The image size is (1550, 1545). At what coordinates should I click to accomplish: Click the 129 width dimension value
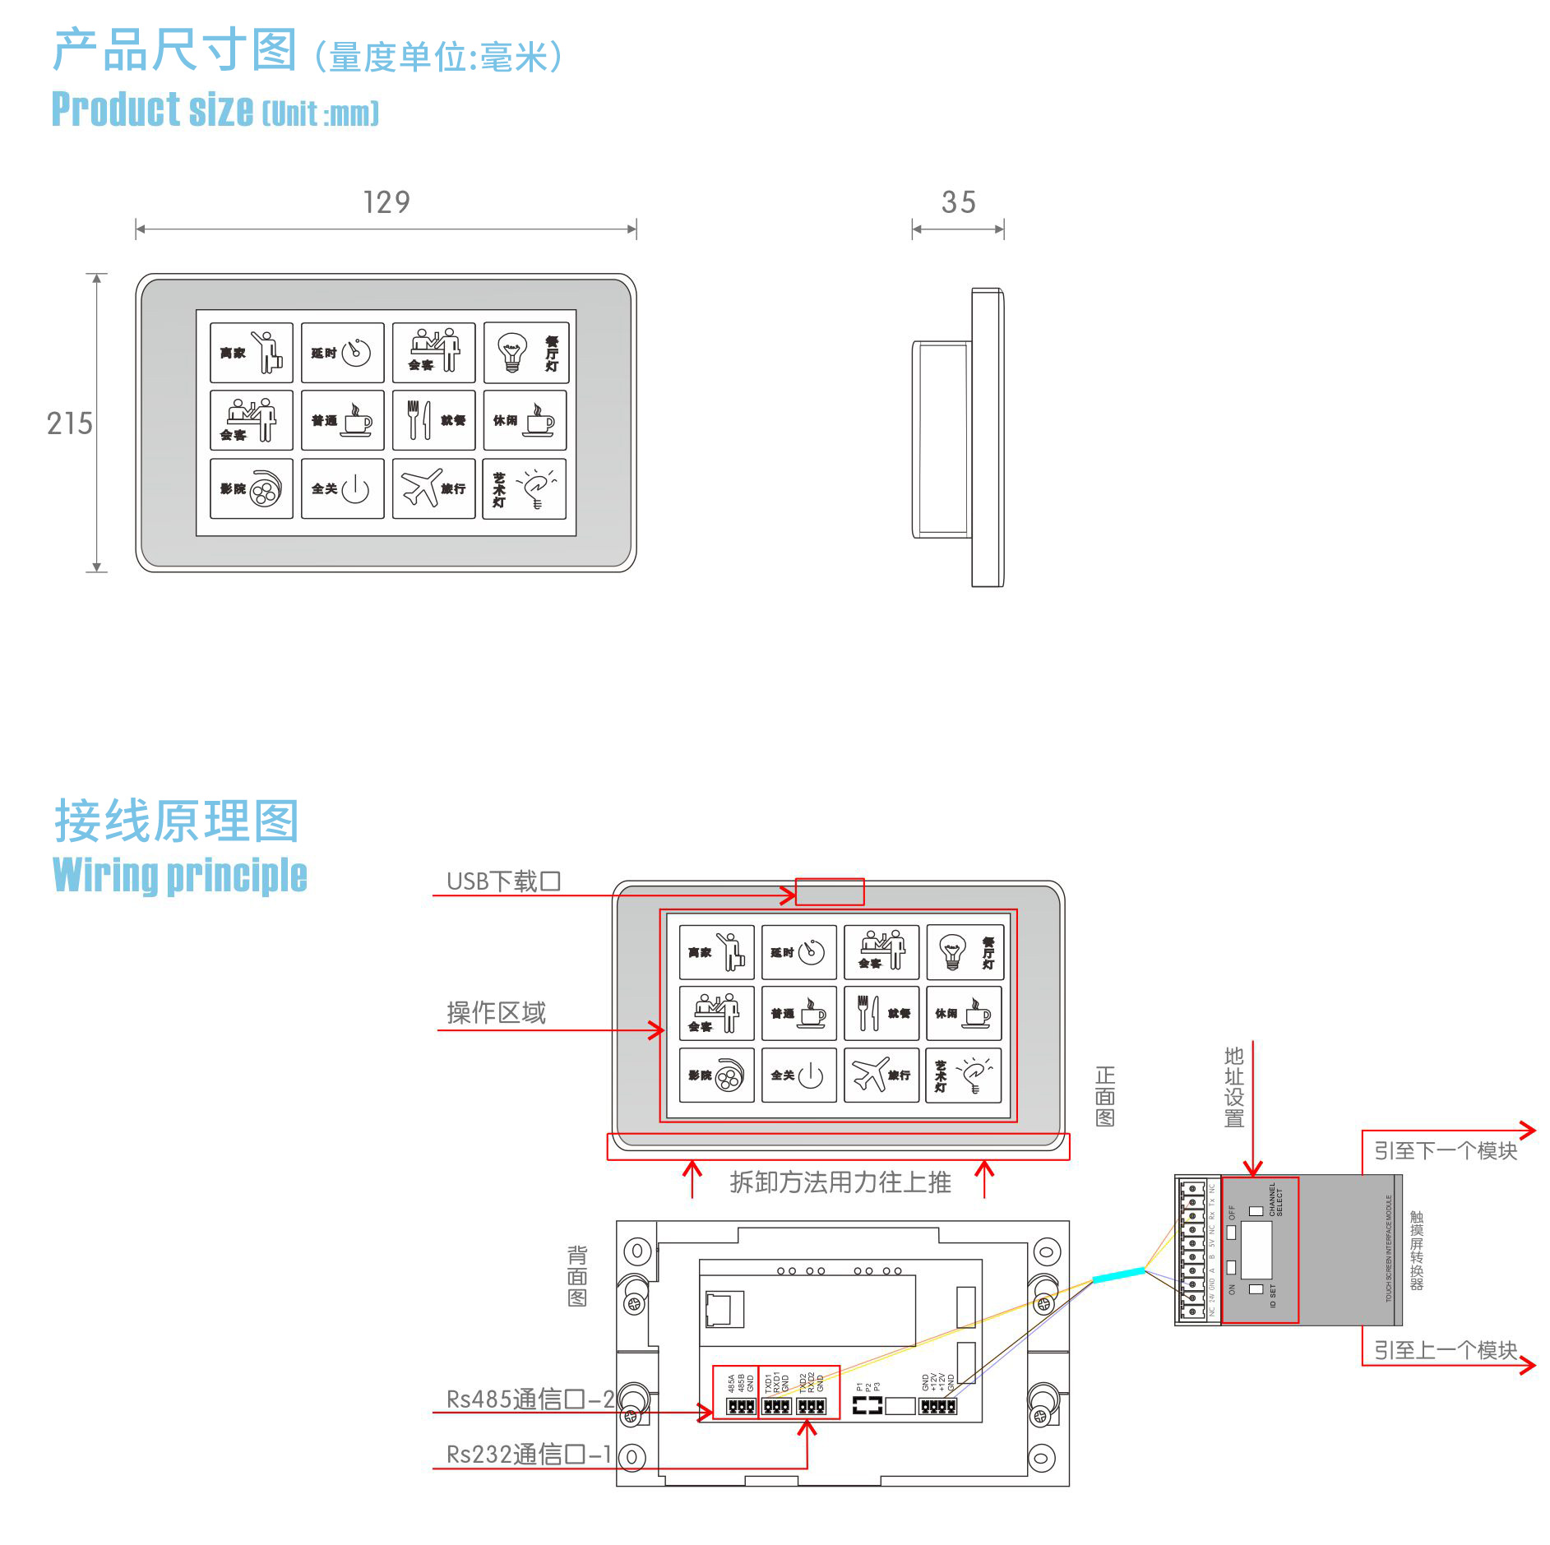(x=386, y=202)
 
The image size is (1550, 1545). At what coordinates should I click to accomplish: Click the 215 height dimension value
(x=70, y=423)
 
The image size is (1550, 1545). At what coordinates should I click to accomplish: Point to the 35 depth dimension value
(x=958, y=202)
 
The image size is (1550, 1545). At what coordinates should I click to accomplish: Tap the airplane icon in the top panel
(x=421, y=488)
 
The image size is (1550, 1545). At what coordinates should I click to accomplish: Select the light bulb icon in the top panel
(x=511, y=353)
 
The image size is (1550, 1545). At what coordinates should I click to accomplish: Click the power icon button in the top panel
(x=355, y=489)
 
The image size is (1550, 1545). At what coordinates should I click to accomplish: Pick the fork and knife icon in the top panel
(x=419, y=419)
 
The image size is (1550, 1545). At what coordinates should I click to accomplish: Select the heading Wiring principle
(x=180, y=874)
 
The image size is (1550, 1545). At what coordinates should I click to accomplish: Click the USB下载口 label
(x=503, y=881)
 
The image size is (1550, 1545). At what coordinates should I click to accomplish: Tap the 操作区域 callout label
(x=496, y=1013)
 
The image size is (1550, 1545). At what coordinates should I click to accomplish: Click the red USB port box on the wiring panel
(x=830, y=891)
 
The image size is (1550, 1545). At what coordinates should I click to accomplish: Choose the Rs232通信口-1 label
(x=529, y=1454)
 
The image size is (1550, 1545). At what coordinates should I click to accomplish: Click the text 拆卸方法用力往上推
(x=840, y=1182)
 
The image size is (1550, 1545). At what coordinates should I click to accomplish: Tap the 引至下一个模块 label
(x=1445, y=1150)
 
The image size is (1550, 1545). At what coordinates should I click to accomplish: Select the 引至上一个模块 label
(x=1445, y=1350)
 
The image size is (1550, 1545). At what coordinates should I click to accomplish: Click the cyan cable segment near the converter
(x=1117, y=1275)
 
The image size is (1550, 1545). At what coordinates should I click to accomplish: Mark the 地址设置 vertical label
(x=1233, y=1087)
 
